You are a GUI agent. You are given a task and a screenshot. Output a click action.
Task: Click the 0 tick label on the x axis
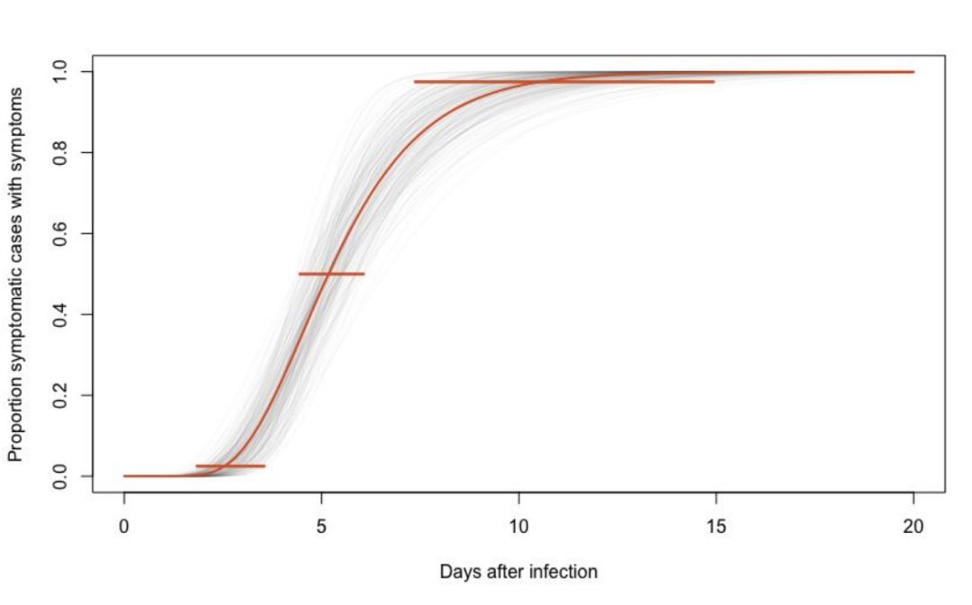click(x=124, y=526)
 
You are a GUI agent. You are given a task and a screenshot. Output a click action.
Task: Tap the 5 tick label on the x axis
click(x=321, y=526)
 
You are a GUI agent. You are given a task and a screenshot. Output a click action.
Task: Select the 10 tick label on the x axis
click(x=519, y=526)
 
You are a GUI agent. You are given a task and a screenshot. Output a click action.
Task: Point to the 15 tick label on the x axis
click(x=716, y=526)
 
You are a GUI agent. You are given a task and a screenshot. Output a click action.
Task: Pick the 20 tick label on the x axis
click(x=913, y=526)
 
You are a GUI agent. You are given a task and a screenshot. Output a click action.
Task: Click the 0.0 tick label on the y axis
click(x=61, y=475)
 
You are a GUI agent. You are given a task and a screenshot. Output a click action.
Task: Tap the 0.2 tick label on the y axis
click(x=61, y=395)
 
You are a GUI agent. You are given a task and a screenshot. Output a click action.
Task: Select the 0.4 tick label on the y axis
click(x=61, y=314)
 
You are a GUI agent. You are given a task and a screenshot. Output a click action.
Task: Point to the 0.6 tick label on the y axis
click(x=61, y=234)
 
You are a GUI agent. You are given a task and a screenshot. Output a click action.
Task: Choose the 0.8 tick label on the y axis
click(x=61, y=153)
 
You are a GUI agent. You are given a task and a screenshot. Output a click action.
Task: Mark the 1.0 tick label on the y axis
click(x=61, y=72)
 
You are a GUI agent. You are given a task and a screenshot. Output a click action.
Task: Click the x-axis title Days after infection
click(x=518, y=572)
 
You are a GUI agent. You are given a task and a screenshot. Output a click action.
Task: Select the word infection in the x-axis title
click(x=566, y=572)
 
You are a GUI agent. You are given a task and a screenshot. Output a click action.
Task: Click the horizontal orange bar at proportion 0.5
click(x=331, y=274)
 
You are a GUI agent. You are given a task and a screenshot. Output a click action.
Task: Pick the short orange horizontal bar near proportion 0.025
click(x=230, y=466)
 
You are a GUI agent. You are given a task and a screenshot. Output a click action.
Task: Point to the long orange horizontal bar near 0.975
click(x=564, y=82)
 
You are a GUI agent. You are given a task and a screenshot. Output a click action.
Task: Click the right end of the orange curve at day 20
click(x=913, y=72)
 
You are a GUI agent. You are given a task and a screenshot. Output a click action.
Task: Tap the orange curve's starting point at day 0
click(x=125, y=475)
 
